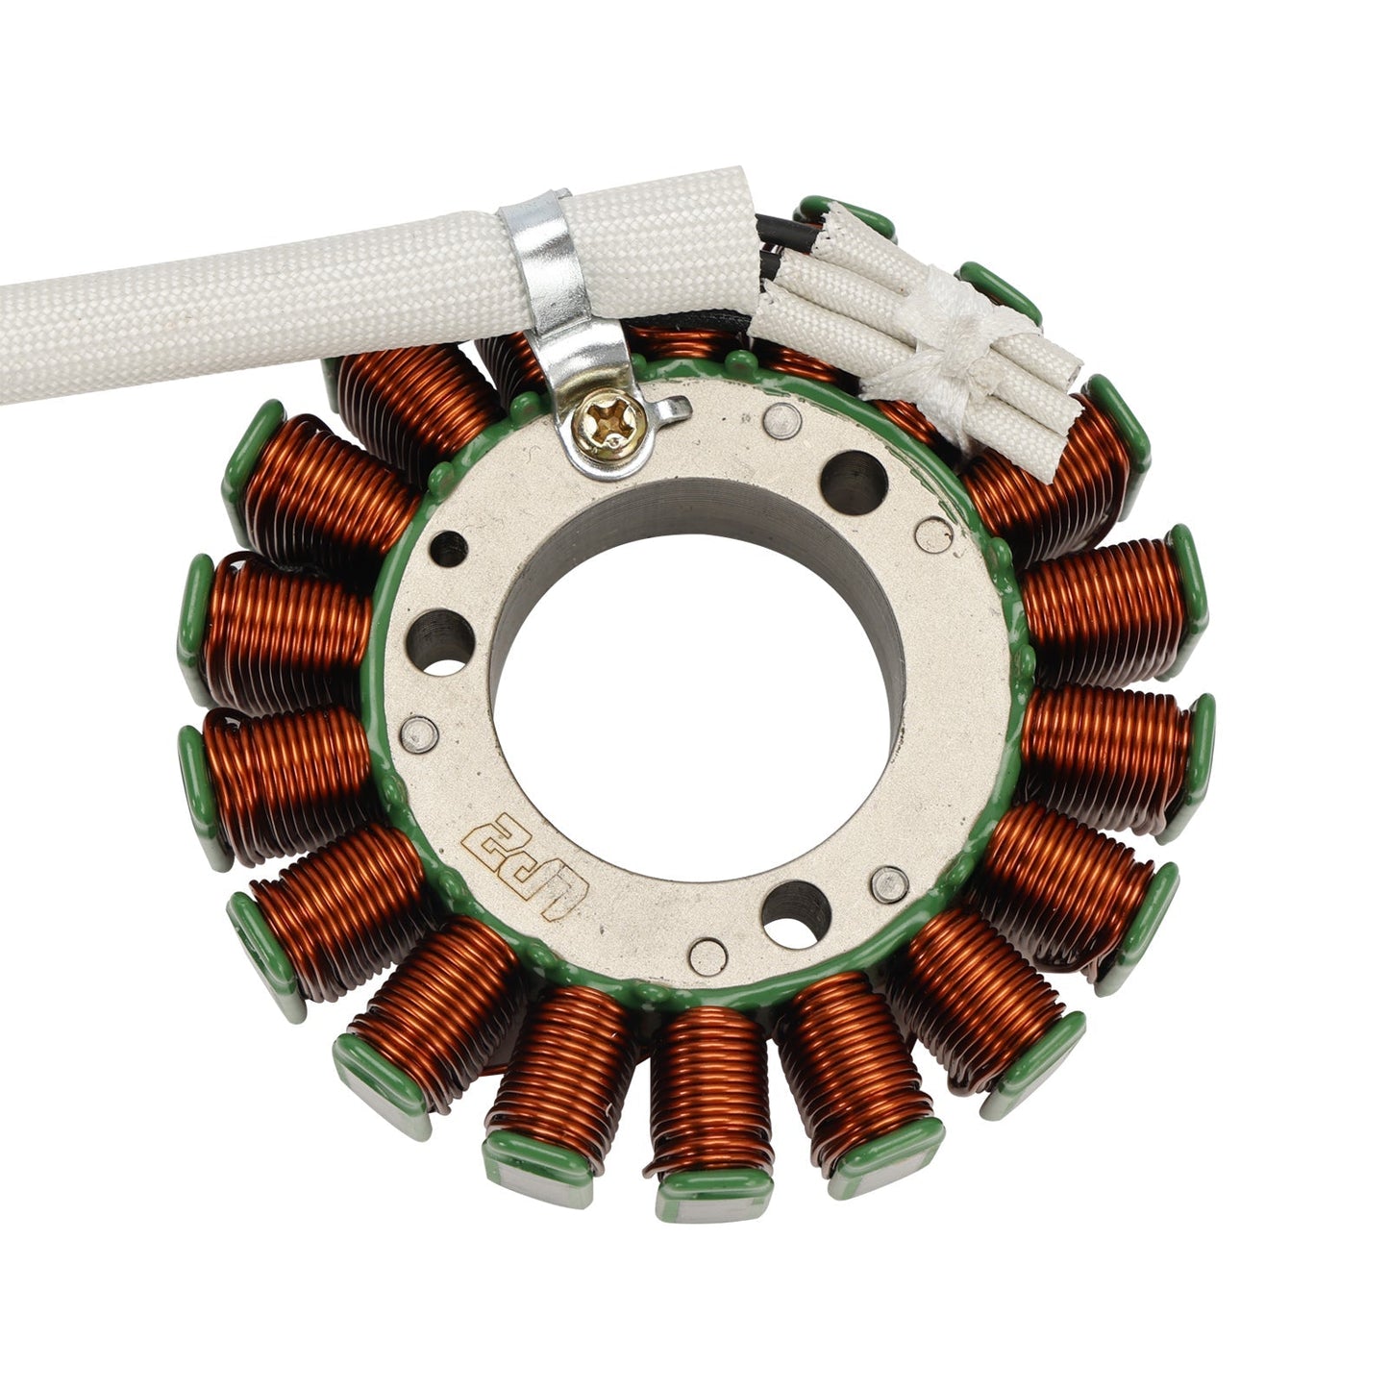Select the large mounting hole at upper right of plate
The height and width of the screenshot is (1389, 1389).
tap(853, 476)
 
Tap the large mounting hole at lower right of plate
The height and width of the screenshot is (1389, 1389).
tap(796, 912)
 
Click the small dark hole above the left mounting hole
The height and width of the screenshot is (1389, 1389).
tap(448, 549)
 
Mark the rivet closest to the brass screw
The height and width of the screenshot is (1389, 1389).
tap(781, 420)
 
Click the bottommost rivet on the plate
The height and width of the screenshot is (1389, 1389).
tap(707, 956)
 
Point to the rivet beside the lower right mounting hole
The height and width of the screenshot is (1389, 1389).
tap(888, 884)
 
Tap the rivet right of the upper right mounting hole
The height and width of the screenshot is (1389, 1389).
tap(932, 534)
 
